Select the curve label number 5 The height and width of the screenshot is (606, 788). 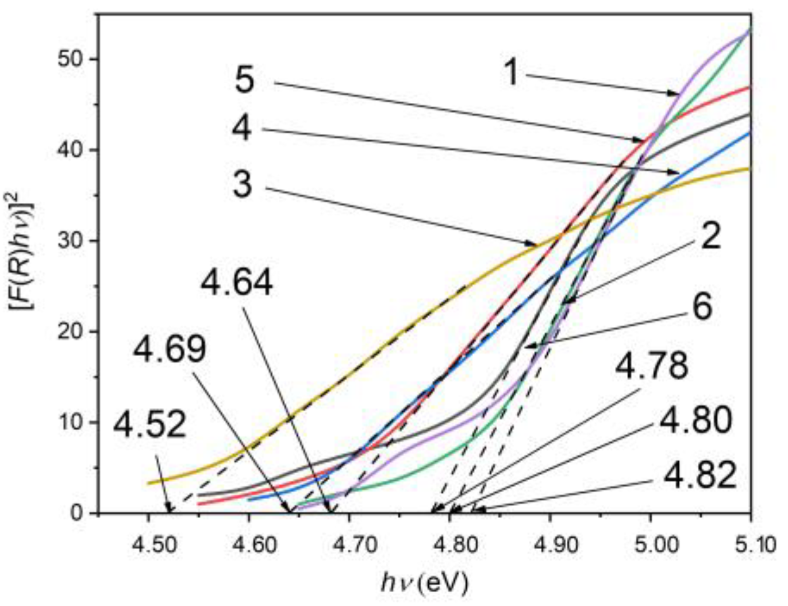click(x=244, y=80)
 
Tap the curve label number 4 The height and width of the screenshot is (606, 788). click(x=242, y=128)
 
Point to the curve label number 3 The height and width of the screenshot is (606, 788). click(x=242, y=185)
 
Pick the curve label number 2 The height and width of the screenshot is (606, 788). click(x=710, y=236)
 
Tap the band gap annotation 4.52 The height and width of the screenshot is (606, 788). click(x=149, y=425)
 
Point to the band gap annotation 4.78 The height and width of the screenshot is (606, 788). click(x=651, y=365)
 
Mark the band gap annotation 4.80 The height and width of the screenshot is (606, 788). click(x=695, y=420)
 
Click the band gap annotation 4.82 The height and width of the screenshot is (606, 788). click(x=699, y=475)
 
